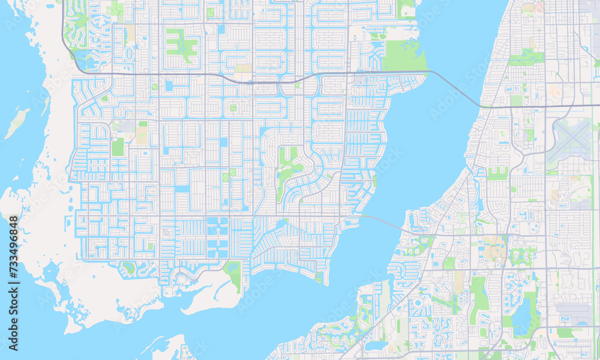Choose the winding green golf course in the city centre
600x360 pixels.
pos(289,168)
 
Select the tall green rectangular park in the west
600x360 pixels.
pos(118,147)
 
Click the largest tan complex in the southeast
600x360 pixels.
pos(495,246)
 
